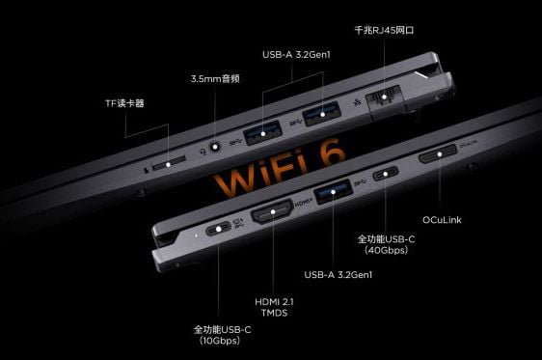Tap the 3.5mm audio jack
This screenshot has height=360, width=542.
click(215, 147)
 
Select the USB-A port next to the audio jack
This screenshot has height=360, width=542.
click(262, 133)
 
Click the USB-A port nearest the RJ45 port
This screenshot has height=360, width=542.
click(322, 114)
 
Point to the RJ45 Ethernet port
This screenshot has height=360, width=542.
click(385, 99)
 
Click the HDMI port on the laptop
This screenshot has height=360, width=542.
click(272, 211)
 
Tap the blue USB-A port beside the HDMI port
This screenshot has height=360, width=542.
click(333, 191)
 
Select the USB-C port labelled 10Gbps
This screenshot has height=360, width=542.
click(219, 229)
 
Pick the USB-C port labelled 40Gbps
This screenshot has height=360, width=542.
click(386, 173)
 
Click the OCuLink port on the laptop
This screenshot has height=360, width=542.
click(438, 154)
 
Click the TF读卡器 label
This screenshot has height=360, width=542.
click(124, 103)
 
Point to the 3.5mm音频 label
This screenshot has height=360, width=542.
click(215, 79)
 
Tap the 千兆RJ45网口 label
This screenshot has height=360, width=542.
click(384, 31)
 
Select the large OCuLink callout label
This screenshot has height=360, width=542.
click(442, 220)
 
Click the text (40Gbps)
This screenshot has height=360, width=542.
click(386, 250)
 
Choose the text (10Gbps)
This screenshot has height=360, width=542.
click(220, 341)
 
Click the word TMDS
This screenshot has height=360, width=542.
click(274, 313)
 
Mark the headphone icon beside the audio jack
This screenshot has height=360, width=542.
click(203, 152)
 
